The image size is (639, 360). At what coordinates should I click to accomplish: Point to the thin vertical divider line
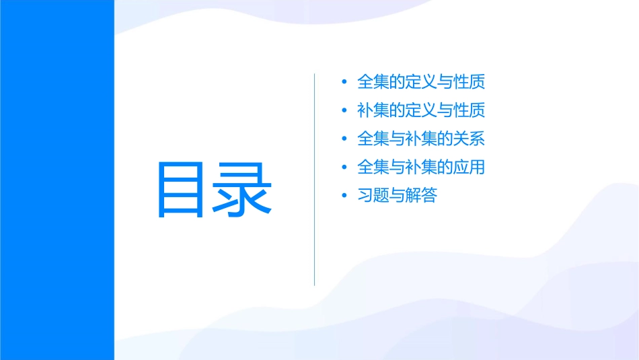point(314,179)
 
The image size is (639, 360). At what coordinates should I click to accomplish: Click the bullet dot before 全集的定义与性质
point(344,83)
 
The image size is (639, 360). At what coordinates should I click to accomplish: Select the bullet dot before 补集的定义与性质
point(344,110)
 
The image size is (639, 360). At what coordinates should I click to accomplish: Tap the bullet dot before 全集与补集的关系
point(344,139)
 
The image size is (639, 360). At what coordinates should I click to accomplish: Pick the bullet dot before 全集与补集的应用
point(344,168)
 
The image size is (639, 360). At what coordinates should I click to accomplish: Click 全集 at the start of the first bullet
point(373,83)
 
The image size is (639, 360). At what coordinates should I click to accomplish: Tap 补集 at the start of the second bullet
point(373,110)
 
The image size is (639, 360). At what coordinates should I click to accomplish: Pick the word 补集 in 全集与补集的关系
point(422,139)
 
